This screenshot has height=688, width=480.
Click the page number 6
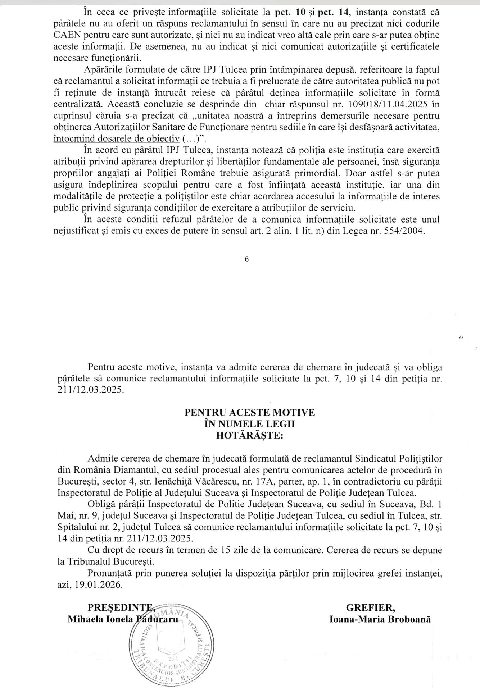tap(246, 259)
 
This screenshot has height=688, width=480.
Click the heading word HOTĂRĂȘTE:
tap(249, 436)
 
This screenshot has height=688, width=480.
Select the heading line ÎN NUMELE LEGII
tap(249, 424)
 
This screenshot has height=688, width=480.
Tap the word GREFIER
tap(370, 607)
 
